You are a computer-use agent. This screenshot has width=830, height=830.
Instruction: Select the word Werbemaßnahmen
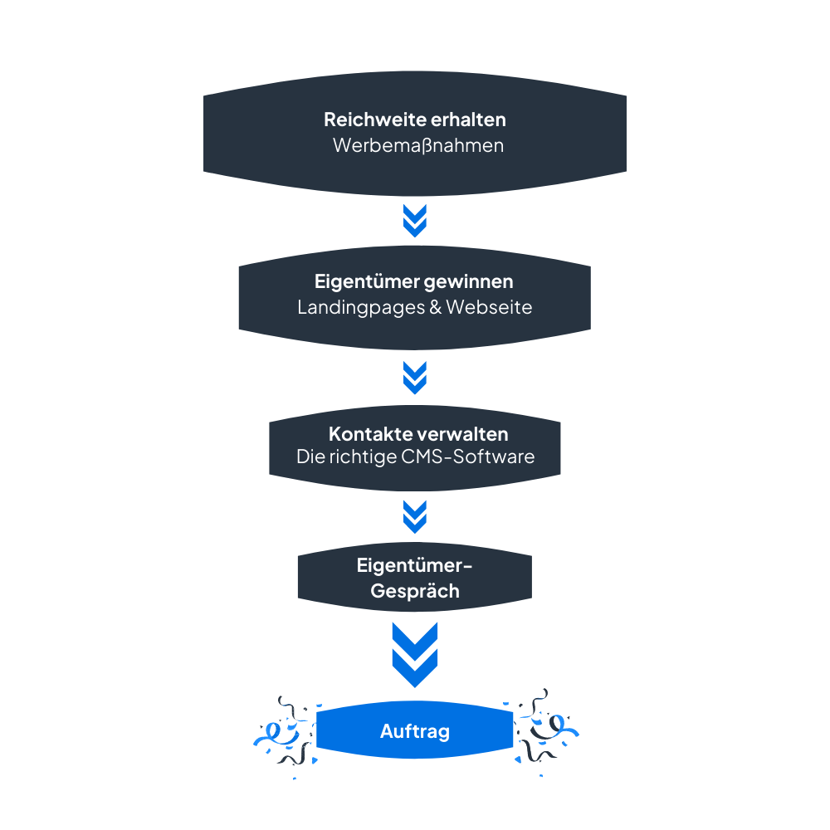click(417, 145)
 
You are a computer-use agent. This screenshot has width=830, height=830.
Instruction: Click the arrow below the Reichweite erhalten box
click(414, 220)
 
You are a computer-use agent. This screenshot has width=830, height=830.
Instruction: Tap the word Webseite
click(489, 307)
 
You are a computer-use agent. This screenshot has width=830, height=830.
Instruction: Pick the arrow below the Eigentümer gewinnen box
click(414, 377)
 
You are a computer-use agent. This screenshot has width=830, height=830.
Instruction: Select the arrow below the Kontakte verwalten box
click(414, 515)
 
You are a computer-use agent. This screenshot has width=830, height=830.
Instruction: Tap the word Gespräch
click(415, 592)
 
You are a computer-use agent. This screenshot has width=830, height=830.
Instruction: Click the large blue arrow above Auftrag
click(414, 654)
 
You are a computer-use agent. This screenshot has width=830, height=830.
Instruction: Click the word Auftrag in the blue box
click(415, 731)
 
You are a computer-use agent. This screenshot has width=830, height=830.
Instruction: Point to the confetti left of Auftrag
click(284, 733)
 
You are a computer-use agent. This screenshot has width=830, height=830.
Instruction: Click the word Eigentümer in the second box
click(366, 282)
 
